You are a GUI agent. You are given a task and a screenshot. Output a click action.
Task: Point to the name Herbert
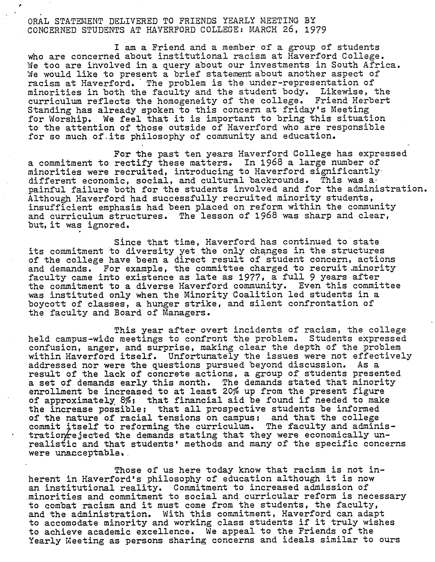(373, 101)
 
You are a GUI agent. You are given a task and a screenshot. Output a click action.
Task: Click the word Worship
(69, 119)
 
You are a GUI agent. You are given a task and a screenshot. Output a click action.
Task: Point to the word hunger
(163, 304)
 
